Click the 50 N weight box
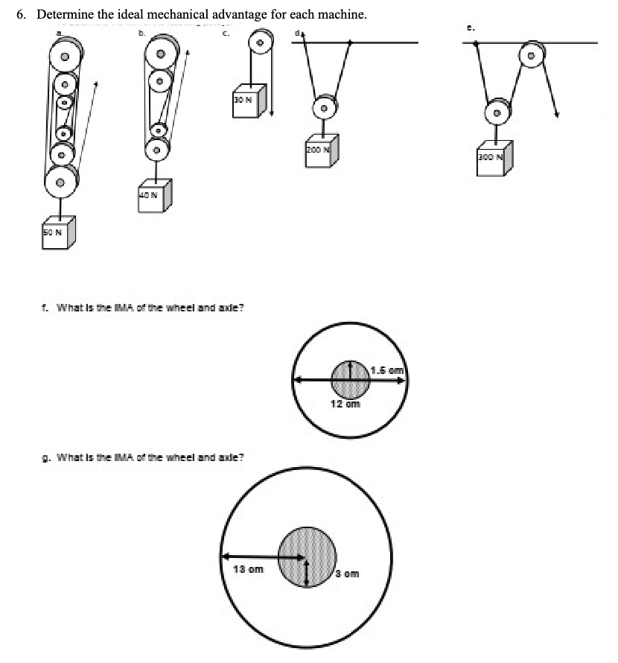click(x=57, y=234)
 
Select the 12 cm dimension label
click(x=345, y=404)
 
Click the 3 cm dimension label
click(x=348, y=574)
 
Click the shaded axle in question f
click(x=350, y=380)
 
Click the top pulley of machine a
click(x=65, y=55)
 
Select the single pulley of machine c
click(x=260, y=44)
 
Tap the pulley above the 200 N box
click(x=325, y=108)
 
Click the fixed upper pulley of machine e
click(x=532, y=55)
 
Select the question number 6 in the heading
click(x=22, y=14)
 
